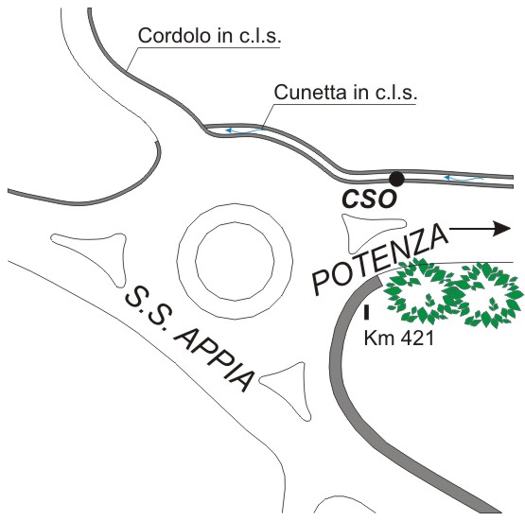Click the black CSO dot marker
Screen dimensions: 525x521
(396, 179)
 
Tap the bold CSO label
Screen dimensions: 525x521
(369, 200)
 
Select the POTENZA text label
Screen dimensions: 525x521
(380, 260)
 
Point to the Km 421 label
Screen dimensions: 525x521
(399, 338)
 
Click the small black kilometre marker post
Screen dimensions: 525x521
(367, 311)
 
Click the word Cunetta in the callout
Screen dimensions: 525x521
(309, 92)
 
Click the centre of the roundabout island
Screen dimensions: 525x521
(235, 261)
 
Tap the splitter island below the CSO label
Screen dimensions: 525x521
(372, 233)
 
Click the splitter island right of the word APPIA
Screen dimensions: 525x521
(289, 389)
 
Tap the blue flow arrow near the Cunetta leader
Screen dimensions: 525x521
(244, 130)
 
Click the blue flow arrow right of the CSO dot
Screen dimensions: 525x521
(464, 179)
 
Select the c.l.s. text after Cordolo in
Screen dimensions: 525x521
(260, 35)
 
